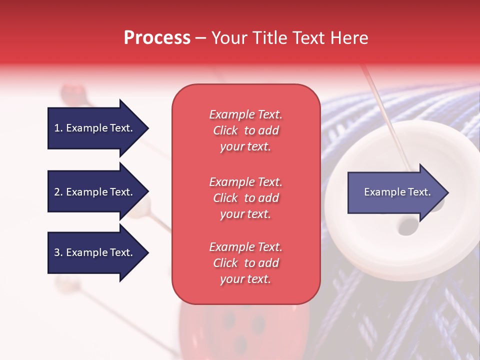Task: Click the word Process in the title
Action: pyautogui.click(x=157, y=37)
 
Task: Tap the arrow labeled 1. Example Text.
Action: pyautogui.click(x=98, y=128)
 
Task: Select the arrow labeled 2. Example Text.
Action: pyautogui.click(x=98, y=191)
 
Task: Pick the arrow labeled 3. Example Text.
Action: pyautogui.click(x=98, y=252)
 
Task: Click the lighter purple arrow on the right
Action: pyautogui.click(x=398, y=192)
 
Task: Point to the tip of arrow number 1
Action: pyautogui.click(x=149, y=128)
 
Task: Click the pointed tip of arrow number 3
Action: pyautogui.click(x=149, y=252)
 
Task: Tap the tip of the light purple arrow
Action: pyautogui.click(x=449, y=192)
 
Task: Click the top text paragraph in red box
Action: pyautogui.click(x=246, y=130)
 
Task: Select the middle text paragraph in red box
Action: pyautogui.click(x=246, y=198)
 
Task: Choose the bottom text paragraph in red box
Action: pyautogui.click(x=246, y=262)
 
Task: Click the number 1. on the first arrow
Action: pyautogui.click(x=58, y=128)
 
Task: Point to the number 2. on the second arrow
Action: pyautogui.click(x=58, y=192)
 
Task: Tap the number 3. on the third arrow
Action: pyautogui.click(x=58, y=252)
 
